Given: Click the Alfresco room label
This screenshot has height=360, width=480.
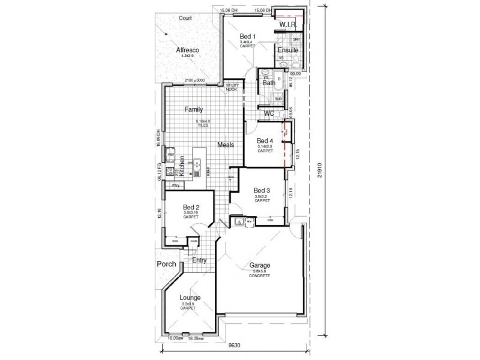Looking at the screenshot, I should pos(187,50).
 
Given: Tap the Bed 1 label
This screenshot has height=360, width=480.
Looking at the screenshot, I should pos(248,37).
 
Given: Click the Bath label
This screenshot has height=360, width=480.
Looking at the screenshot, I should pos(269,83).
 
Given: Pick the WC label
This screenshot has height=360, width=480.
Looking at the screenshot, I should pos(269,113).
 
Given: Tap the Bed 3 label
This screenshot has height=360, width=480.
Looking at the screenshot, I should pos(262,190).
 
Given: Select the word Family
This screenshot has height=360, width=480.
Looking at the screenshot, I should pos(194,109).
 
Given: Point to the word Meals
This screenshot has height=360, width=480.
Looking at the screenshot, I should pos(226,145).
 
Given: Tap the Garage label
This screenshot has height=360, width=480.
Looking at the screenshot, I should pos(260,265).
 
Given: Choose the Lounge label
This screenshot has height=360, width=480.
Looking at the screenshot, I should pos(190,298).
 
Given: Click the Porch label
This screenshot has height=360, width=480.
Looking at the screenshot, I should pos(165,264).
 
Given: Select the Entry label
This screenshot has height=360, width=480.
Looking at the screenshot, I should pos(199,260).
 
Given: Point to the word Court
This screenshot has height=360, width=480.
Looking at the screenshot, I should pos(185,18).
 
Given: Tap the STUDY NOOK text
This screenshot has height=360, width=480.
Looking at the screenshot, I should pos(232,88).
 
